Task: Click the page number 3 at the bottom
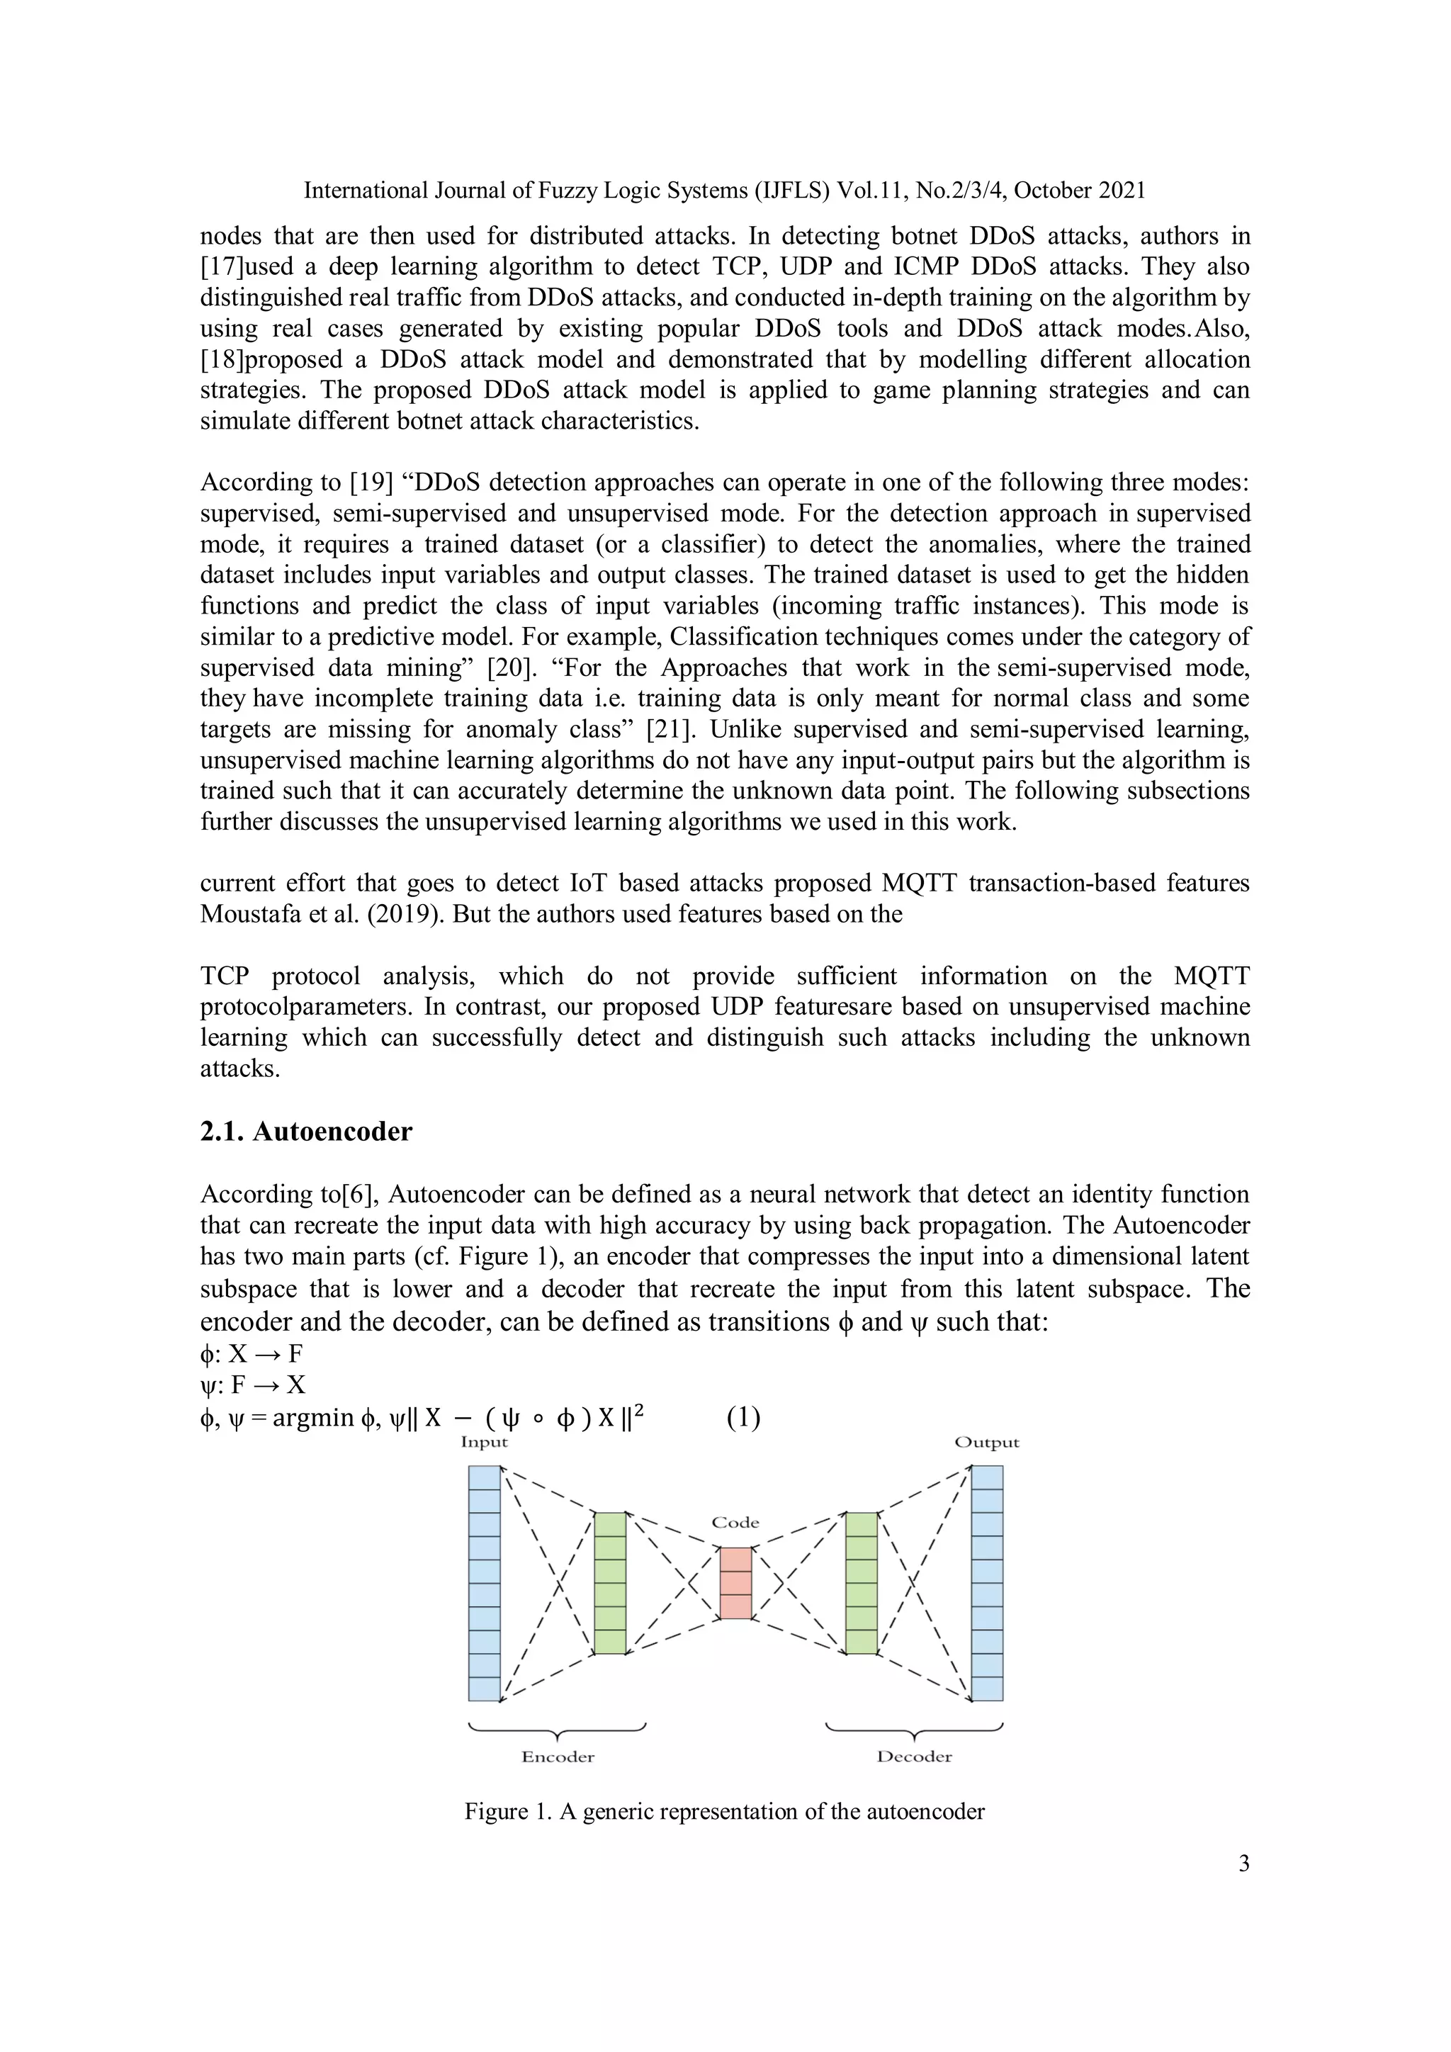tap(1243, 1864)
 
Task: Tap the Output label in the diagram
tap(986, 1442)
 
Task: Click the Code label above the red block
tap(735, 1522)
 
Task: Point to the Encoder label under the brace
tap(558, 1757)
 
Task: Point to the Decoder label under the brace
tap(914, 1757)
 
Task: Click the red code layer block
tap(735, 1583)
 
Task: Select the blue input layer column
tap(485, 1583)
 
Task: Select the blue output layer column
tap(986, 1583)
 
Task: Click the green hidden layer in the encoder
tap(610, 1583)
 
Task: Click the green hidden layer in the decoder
tap(862, 1583)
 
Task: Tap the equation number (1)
tap(743, 1417)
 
